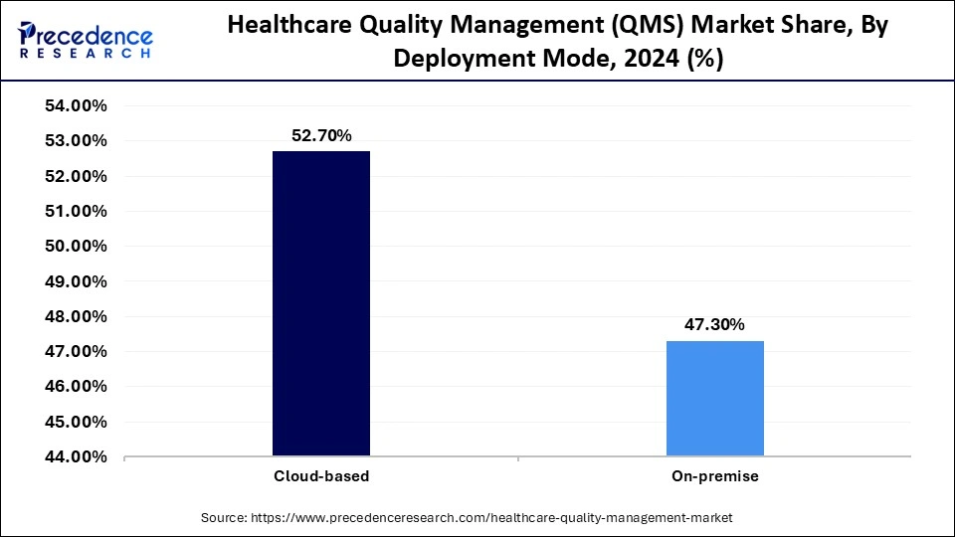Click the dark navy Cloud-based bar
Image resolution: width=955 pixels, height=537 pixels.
pyautogui.click(x=321, y=303)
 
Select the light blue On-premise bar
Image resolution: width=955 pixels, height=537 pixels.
pyautogui.click(x=714, y=398)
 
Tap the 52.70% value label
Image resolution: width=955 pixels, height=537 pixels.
pyautogui.click(x=321, y=136)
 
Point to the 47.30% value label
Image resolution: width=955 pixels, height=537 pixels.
pyautogui.click(x=714, y=325)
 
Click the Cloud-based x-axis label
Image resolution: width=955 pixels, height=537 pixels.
pyautogui.click(x=321, y=476)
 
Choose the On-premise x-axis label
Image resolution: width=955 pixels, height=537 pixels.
pyautogui.click(x=714, y=476)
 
